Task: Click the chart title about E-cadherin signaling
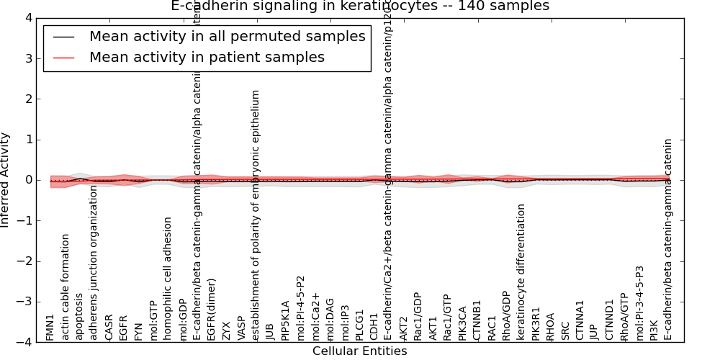[x=360, y=6]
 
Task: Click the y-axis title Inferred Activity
[x=6, y=180]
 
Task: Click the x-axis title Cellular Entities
[x=359, y=351]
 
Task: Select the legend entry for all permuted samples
[x=227, y=37]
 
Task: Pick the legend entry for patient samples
[x=207, y=57]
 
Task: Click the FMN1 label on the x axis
[x=50, y=327]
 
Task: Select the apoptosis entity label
[x=80, y=316]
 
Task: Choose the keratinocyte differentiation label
[x=521, y=272]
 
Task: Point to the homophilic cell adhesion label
[x=168, y=279]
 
